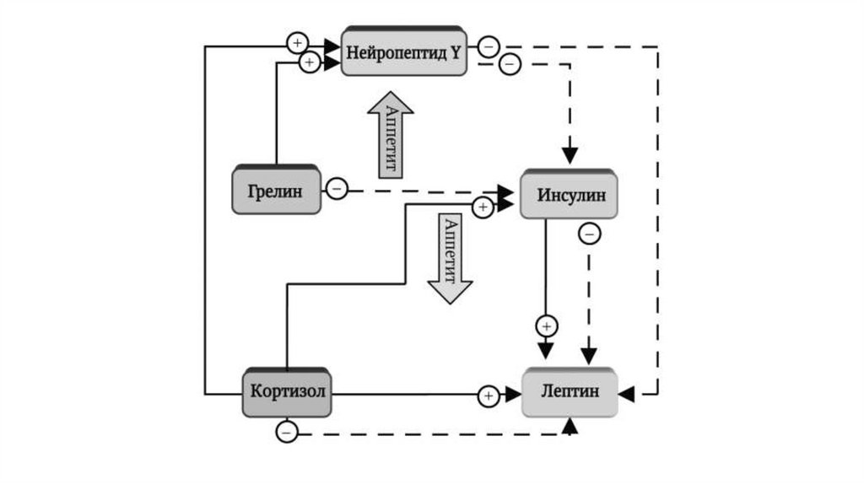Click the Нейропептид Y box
point(403,52)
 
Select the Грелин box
point(277,190)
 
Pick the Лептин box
point(570,393)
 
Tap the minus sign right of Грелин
point(336,189)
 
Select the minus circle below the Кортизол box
point(286,433)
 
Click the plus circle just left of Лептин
point(489,395)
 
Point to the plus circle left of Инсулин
point(483,207)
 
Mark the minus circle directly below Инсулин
point(590,234)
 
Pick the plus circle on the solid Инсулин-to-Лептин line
point(547,325)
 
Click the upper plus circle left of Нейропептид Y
point(297,42)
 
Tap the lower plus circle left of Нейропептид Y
point(310,62)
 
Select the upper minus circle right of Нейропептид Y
point(488,46)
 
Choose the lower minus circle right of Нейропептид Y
point(510,62)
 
